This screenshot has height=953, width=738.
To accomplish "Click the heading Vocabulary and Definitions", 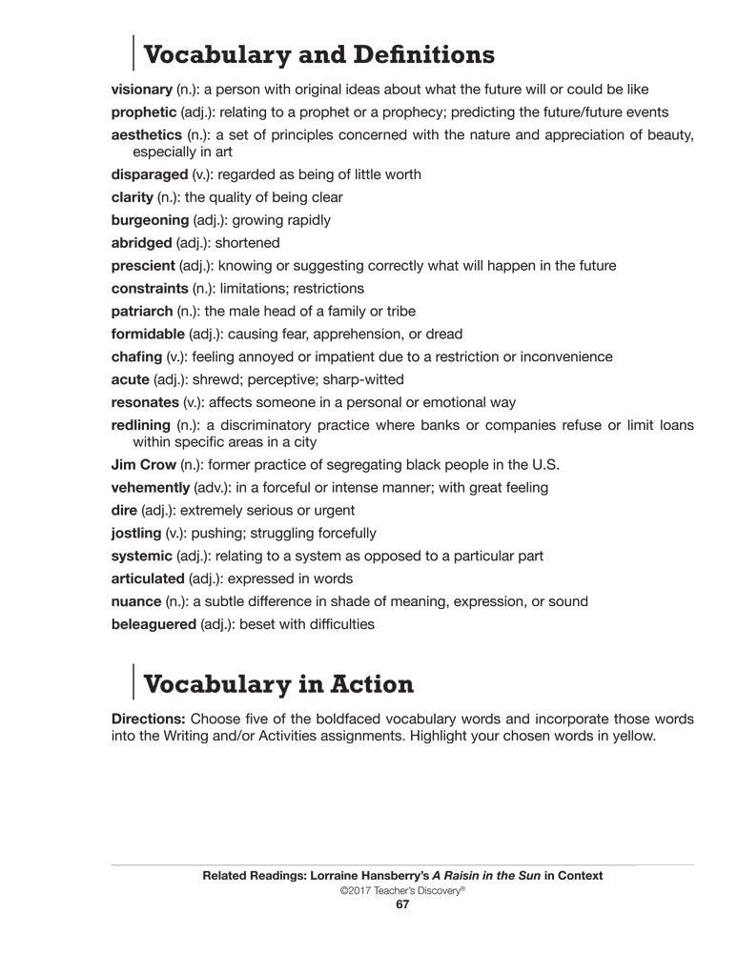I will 318,54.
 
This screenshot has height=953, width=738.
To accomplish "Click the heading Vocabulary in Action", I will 277,684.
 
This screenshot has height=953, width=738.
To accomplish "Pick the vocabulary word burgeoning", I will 150,220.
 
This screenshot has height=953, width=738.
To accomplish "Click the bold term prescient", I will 143,266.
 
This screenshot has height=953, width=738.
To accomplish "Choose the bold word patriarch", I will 142,312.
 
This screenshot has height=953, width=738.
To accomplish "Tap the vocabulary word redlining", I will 140,425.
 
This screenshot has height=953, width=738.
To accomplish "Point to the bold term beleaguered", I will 154,625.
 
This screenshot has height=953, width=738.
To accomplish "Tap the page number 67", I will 401,905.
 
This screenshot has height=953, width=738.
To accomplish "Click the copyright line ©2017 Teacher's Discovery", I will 401,890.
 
